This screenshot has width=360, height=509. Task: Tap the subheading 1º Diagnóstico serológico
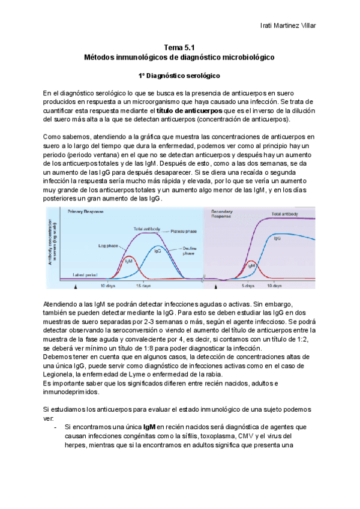point(180,76)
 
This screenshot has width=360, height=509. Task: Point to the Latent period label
point(85,274)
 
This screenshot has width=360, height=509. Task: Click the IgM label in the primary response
point(128,261)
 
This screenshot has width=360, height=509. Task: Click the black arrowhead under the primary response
point(75,289)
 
